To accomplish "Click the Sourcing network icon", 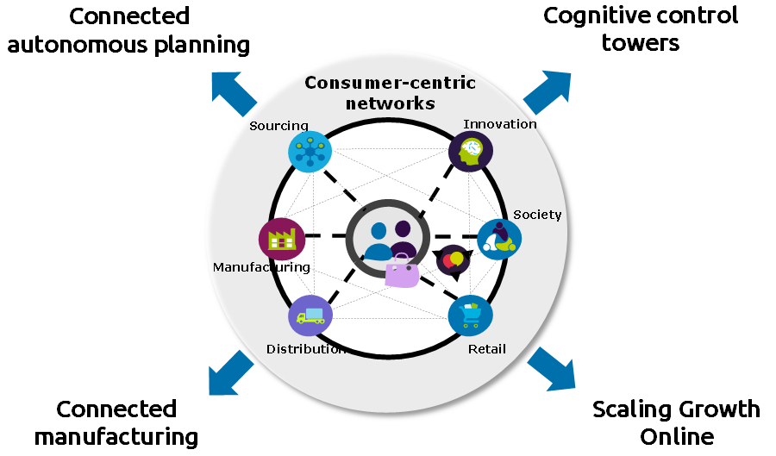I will coord(310,153).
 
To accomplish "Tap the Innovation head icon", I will coord(471,153).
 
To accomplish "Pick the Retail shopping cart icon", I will coord(470,315).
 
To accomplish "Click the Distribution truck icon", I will coord(310,316).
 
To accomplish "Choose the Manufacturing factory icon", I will coord(281,238).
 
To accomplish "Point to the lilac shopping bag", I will coord(402,272).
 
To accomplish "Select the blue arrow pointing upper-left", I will coord(233,92).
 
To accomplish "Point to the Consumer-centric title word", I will coord(390,84).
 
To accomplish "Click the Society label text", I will coord(537,215).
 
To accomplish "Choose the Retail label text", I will coord(487,349).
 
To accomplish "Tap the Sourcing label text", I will coord(278,126).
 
